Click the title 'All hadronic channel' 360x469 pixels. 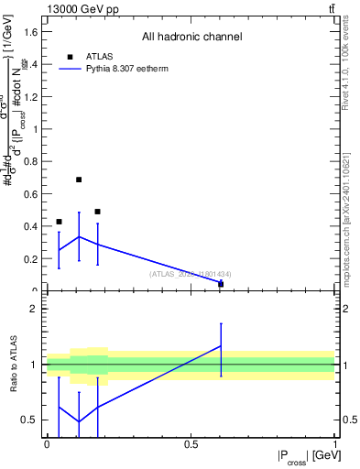[191, 38]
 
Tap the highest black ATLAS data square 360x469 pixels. [79, 180]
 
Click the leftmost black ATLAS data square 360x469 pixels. [60, 222]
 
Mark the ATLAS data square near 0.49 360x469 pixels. [97, 212]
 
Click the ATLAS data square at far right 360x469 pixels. [221, 284]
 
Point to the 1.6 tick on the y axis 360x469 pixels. [31, 32]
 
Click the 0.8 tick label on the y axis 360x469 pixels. [31, 161]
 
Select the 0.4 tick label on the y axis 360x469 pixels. [31, 226]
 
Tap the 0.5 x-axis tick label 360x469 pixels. [191, 443]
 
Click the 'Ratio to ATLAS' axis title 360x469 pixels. [15, 365]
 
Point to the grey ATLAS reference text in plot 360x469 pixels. [191, 274]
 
